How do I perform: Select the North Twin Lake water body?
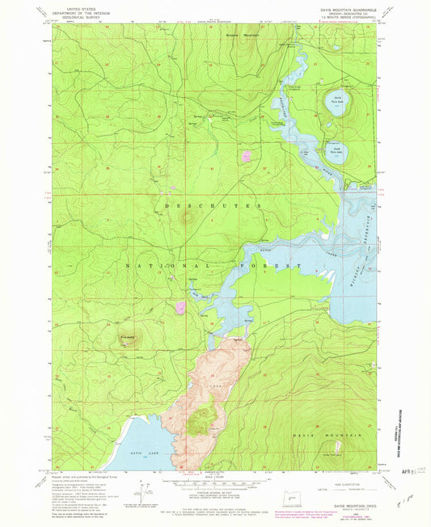coord(338,102)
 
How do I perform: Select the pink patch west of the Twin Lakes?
coord(245,155)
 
